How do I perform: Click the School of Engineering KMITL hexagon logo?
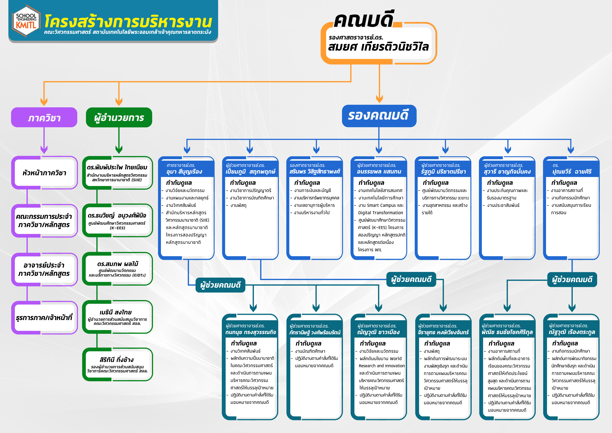pyautogui.click(x=26, y=21)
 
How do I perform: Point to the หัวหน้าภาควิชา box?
pyautogui.click(x=44, y=173)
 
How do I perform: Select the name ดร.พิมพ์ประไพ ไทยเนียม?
pyautogui.click(x=117, y=167)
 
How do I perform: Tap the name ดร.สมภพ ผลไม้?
pyautogui.click(x=118, y=264)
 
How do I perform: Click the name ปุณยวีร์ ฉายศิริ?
pyautogui.click(x=572, y=172)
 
